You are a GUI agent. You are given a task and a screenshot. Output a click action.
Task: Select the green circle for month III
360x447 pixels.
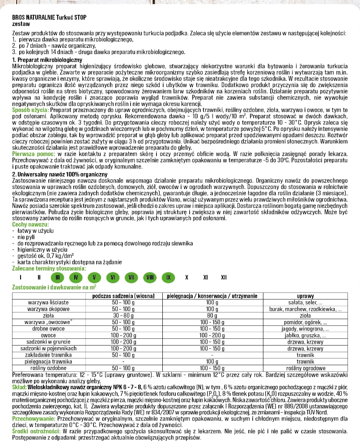coord(57,277)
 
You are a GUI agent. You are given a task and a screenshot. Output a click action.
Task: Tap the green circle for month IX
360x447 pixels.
coord(168,277)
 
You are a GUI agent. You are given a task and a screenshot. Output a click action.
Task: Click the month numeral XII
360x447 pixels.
coord(224,277)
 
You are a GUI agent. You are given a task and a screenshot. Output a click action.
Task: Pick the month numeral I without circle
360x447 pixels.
coord(21,277)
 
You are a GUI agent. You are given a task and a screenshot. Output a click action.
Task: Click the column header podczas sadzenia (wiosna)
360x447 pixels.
coord(123,296)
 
